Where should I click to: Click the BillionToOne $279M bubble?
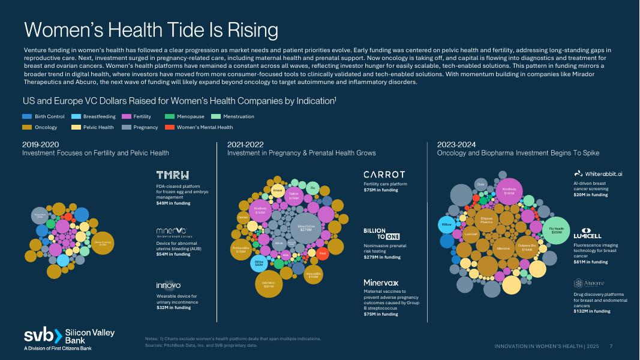tap(305, 229)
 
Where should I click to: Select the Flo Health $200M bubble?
tap(556, 230)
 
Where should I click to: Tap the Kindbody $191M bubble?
tap(509, 191)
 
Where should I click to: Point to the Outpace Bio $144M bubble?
tap(527, 248)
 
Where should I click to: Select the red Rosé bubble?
tap(322, 254)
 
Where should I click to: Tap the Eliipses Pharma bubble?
tap(486, 220)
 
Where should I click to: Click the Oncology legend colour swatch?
tap(27, 127)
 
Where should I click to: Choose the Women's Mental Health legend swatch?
tap(170, 127)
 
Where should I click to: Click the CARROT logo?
tap(384, 174)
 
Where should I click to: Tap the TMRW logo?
tap(172, 175)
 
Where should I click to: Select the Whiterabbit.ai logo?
tap(599, 173)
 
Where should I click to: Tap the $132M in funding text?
tap(591, 311)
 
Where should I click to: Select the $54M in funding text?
tap(173, 254)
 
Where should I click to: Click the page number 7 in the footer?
tap(611, 346)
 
